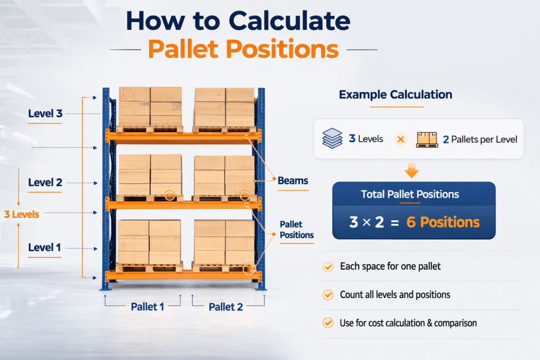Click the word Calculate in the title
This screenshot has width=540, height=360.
pyautogui.click(x=290, y=21)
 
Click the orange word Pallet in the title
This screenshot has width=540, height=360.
pyautogui.click(x=184, y=49)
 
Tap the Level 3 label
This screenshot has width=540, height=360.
pyautogui.click(x=45, y=113)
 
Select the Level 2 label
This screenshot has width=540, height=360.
pyautogui.click(x=45, y=182)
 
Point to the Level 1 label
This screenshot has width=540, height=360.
pyautogui.click(x=44, y=247)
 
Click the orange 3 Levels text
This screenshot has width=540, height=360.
pyautogui.click(x=21, y=215)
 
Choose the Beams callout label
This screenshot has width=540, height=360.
pyautogui.click(x=293, y=181)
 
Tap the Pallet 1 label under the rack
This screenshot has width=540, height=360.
pyautogui.click(x=148, y=307)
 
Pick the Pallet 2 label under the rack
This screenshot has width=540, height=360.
pyautogui.click(x=226, y=307)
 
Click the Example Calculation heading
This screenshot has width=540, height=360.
pyautogui.click(x=396, y=94)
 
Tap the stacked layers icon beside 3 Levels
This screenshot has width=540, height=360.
pyautogui.click(x=332, y=138)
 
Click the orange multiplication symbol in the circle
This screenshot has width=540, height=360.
pyautogui.click(x=401, y=139)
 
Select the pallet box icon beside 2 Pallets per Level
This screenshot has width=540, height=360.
pyautogui.click(x=427, y=139)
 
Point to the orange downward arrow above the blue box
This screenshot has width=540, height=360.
pyautogui.click(x=411, y=171)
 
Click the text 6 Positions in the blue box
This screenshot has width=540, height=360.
pyautogui.click(x=443, y=222)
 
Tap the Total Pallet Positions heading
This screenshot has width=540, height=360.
pyautogui.click(x=410, y=194)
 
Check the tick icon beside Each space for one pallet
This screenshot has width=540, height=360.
pyautogui.click(x=328, y=267)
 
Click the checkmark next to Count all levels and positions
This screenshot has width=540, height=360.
pyautogui.click(x=328, y=295)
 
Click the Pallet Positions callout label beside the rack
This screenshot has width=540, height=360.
pyautogui.click(x=296, y=230)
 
